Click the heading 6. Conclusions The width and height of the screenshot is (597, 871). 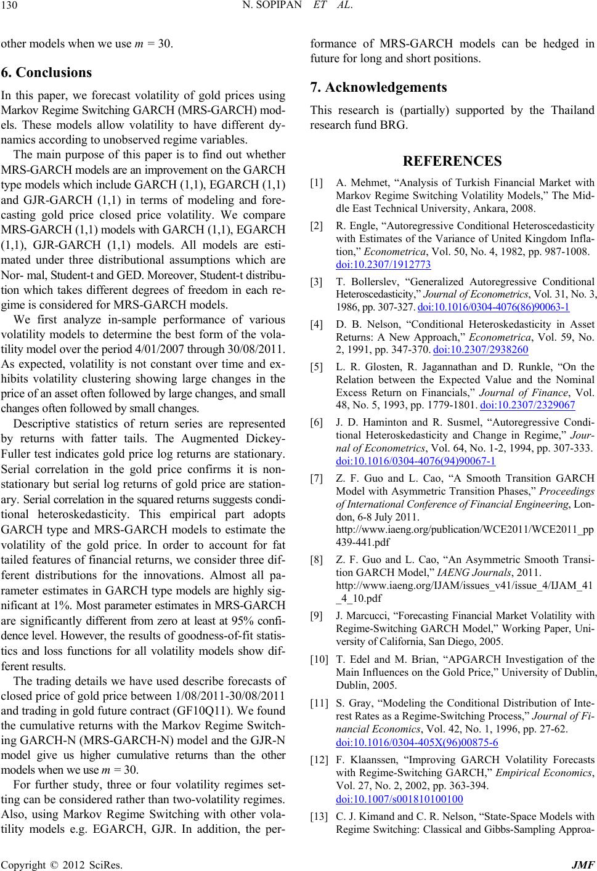pos(46,72)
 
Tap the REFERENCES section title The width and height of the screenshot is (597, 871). pos(452,161)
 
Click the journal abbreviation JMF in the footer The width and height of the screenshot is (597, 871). pos(585,864)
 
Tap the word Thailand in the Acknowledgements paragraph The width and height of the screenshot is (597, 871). pos(571,111)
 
